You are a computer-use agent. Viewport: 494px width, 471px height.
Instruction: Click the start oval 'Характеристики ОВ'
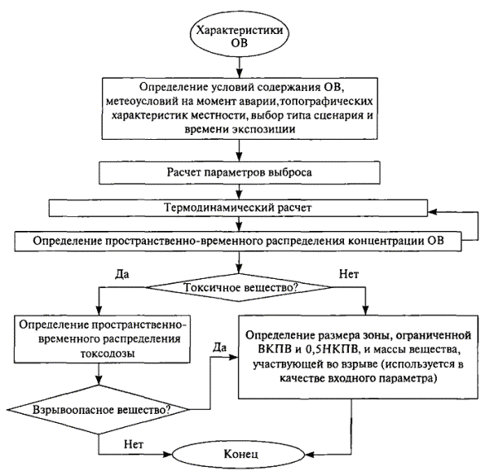pyautogui.click(x=240, y=36)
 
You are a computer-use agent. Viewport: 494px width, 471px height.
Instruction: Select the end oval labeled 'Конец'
pyautogui.click(x=239, y=454)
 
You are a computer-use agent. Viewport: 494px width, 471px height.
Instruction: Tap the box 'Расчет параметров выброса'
pyautogui.click(x=240, y=172)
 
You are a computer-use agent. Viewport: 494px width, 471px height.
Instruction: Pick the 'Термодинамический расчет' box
pyautogui.click(x=238, y=208)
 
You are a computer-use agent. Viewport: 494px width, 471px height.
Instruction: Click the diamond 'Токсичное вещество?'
pyautogui.click(x=239, y=287)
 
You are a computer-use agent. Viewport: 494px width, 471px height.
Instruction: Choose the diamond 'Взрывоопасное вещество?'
pyautogui.click(x=99, y=410)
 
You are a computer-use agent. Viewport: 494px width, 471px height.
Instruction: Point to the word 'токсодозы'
pyautogui.click(x=108, y=353)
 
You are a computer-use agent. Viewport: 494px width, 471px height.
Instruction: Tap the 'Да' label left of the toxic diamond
pyautogui.click(x=122, y=274)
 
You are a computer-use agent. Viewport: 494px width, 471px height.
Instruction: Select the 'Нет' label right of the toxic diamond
pyautogui.click(x=349, y=274)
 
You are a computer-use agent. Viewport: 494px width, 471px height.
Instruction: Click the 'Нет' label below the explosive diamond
pyautogui.click(x=133, y=444)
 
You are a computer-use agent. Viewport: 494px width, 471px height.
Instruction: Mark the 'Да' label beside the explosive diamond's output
pyautogui.click(x=220, y=347)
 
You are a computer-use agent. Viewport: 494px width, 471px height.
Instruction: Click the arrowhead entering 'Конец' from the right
pyautogui.click(x=310, y=454)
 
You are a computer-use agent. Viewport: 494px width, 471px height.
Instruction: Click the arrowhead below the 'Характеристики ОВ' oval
pyautogui.click(x=240, y=73)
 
